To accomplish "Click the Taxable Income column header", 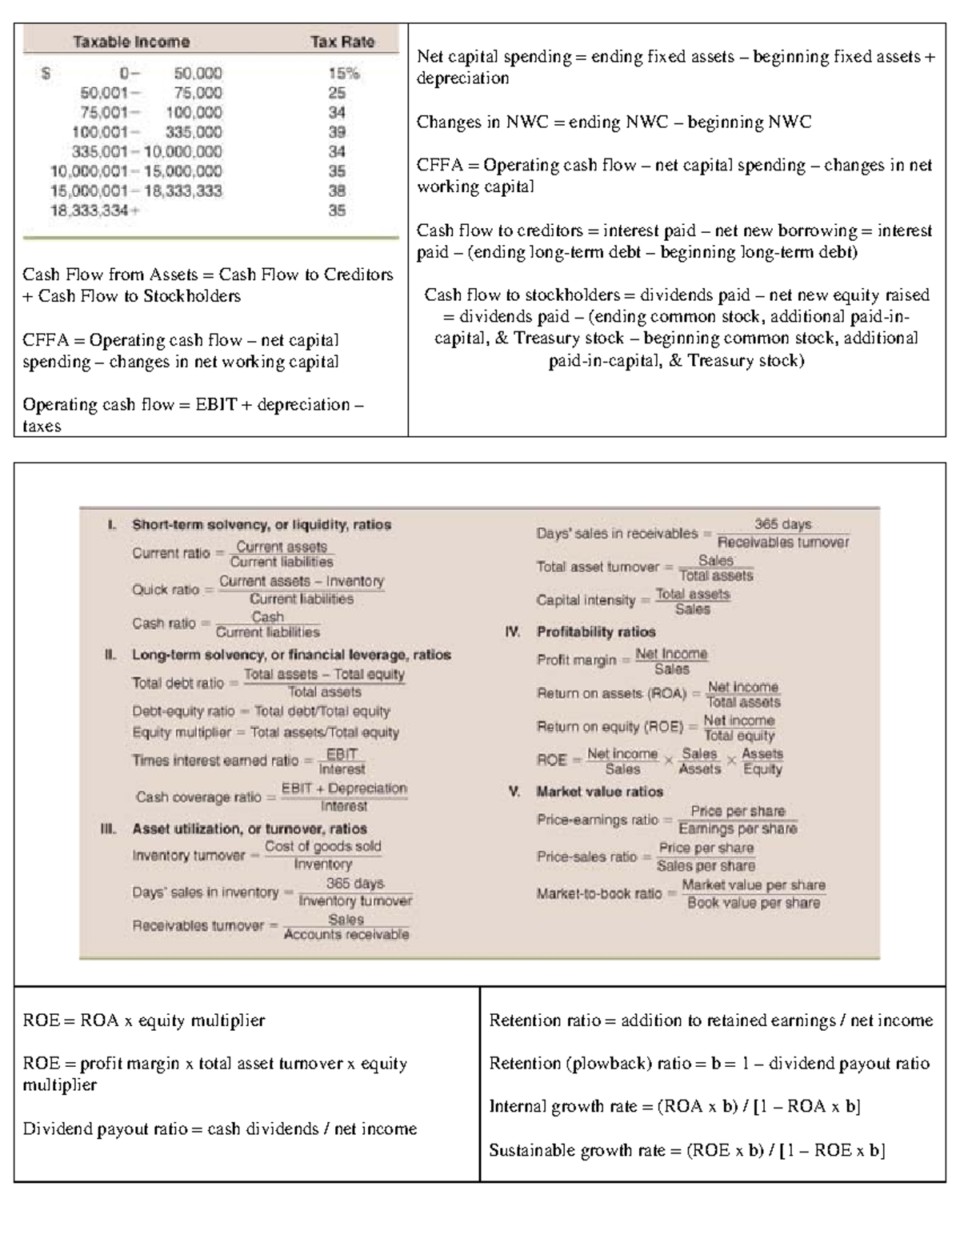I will pyautogui.click(x=131, y=42).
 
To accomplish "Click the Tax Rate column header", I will pyautogui.click(x=342, y=42).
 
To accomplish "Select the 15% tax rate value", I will pyautogui.click(x=344, y=73).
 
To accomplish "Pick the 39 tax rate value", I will pyautogui.click(x=337, y=132).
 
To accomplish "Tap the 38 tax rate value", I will pyautogui.click(x=337, y=191).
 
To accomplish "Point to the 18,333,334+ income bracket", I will pyautogui.click(x=94, y=211).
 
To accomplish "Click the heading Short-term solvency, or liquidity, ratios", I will pyautogui.click(x=261, y=525).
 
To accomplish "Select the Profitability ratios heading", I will pyautogui.click(x=596, y=632).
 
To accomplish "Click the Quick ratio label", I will pyautogui.click(x=166, y=590).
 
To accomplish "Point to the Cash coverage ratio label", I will pyautogui.click(x=198, y=797).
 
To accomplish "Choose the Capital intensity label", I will pyautogui.click(x=586, y=600).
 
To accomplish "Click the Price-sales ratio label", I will pyautogui.click(x=586, y=856).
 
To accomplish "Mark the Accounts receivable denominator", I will pyautogui.click(x=346, y=935).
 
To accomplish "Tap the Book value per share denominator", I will pyautogui.click(x=753, y=903).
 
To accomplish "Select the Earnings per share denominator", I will pyautogui.click(x=737, y=829).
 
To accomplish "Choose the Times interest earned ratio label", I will pyautogui.click(x=214, y=760).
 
